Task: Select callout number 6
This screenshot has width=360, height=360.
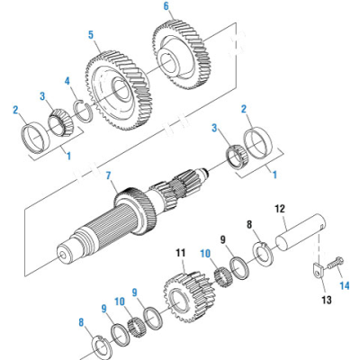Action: tap(166, 7)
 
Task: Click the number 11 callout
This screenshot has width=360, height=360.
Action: tap(180, 252)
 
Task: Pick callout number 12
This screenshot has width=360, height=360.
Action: tap(280, 206)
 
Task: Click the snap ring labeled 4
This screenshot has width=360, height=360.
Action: tap(82, 111)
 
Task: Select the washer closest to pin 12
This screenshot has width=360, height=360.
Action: tap(262, 253)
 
